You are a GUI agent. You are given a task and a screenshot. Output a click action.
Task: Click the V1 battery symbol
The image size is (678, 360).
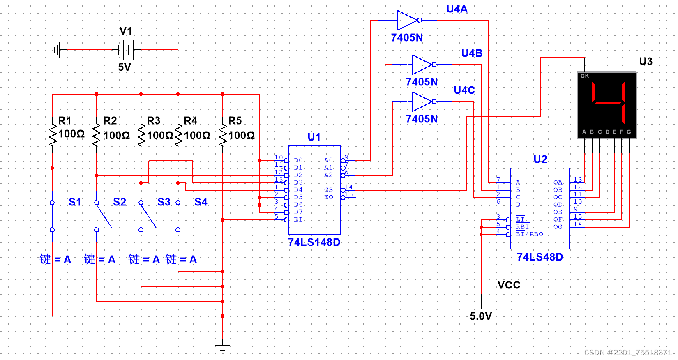(126, 50)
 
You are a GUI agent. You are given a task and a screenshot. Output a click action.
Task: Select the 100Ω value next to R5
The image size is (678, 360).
(242, 135)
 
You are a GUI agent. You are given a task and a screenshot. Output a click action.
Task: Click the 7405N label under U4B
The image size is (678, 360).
(422, 82)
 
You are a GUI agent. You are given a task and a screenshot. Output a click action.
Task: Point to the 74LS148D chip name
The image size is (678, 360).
(314, 242)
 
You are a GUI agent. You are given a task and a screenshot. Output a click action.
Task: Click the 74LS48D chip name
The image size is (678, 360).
(540, 257)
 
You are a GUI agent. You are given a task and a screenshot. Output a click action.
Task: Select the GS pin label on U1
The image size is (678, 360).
(329, 190)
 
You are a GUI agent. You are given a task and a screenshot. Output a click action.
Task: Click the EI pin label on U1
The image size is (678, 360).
(298, 219)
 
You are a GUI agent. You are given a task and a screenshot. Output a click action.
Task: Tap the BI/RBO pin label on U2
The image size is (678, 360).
(529, 234)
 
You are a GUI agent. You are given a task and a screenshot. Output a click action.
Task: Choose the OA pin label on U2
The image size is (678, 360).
(558, 182)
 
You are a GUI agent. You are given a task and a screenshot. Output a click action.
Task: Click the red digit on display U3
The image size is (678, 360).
(608, 103)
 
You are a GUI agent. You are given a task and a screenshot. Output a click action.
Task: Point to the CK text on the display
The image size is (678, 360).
(585, 76)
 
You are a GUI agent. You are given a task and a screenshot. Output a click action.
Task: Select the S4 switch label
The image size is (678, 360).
(201, 202)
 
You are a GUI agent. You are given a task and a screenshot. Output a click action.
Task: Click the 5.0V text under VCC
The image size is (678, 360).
(481, 316)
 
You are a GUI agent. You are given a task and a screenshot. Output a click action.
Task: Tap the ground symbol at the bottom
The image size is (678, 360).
(222, 347)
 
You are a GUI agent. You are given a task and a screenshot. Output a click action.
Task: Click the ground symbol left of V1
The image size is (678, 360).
(58, 50)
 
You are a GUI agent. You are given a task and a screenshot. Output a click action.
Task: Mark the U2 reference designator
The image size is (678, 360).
(540, 159)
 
